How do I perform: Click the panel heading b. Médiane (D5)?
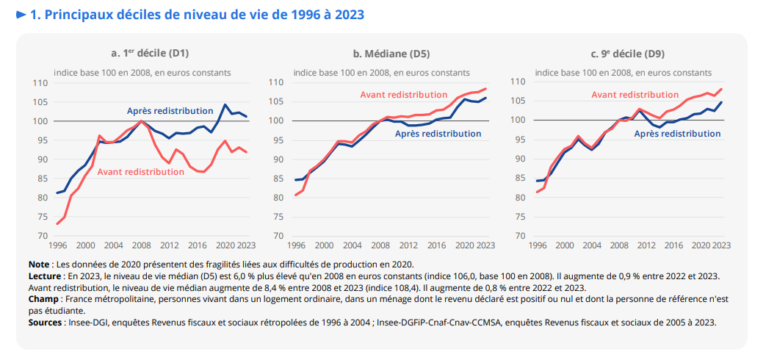click(382, 53)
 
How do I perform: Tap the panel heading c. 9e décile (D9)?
click(624, 53)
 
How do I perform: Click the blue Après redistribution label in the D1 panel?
click(170, 110)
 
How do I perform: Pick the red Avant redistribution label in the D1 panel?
click(140, 171)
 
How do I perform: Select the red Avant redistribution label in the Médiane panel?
click(403, 94)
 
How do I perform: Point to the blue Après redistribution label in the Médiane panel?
click(438, 133)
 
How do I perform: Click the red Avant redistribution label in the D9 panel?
click(635, 95)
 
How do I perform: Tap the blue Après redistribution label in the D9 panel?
click(677, 134)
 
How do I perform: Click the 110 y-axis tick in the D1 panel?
click(40, 83)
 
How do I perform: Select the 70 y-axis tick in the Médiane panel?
click(280, 237)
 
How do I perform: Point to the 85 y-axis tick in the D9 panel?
click(521, 178)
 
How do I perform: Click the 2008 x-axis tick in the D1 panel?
click(141, 245)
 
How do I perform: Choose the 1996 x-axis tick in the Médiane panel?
click(296, 245)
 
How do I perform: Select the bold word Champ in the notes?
click(44, 299)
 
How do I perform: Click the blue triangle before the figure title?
click(22, 15)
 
